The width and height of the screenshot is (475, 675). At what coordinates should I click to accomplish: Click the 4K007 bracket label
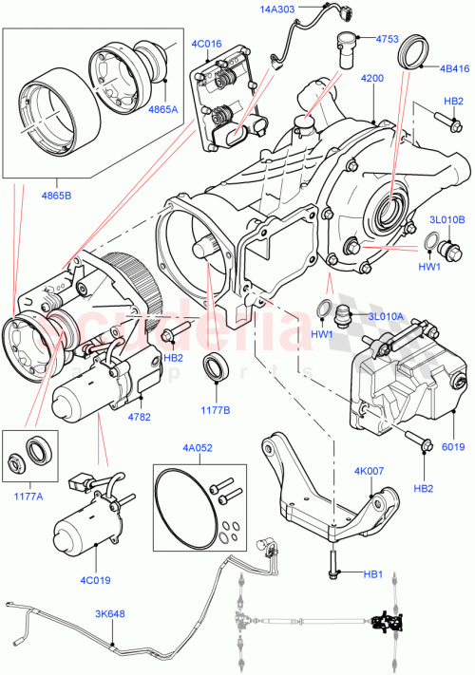(x=370, y=471)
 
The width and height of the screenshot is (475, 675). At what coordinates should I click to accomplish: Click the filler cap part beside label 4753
(x=345, y=47)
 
